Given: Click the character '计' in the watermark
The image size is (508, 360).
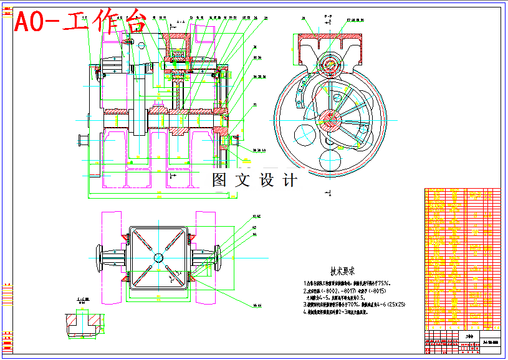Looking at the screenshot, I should pyautogui.click(x=290, y=180).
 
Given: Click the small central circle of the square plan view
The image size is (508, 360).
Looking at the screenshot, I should pyautogui.click(x=158, y=257).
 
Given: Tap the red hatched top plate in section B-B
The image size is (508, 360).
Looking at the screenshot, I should pyautogui.click(x=328, y=39).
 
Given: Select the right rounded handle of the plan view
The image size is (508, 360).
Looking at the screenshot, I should pyautogui.click(x=218, y=257).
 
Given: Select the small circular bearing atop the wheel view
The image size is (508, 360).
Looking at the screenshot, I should pyautogui.click(x=328, y=64).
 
